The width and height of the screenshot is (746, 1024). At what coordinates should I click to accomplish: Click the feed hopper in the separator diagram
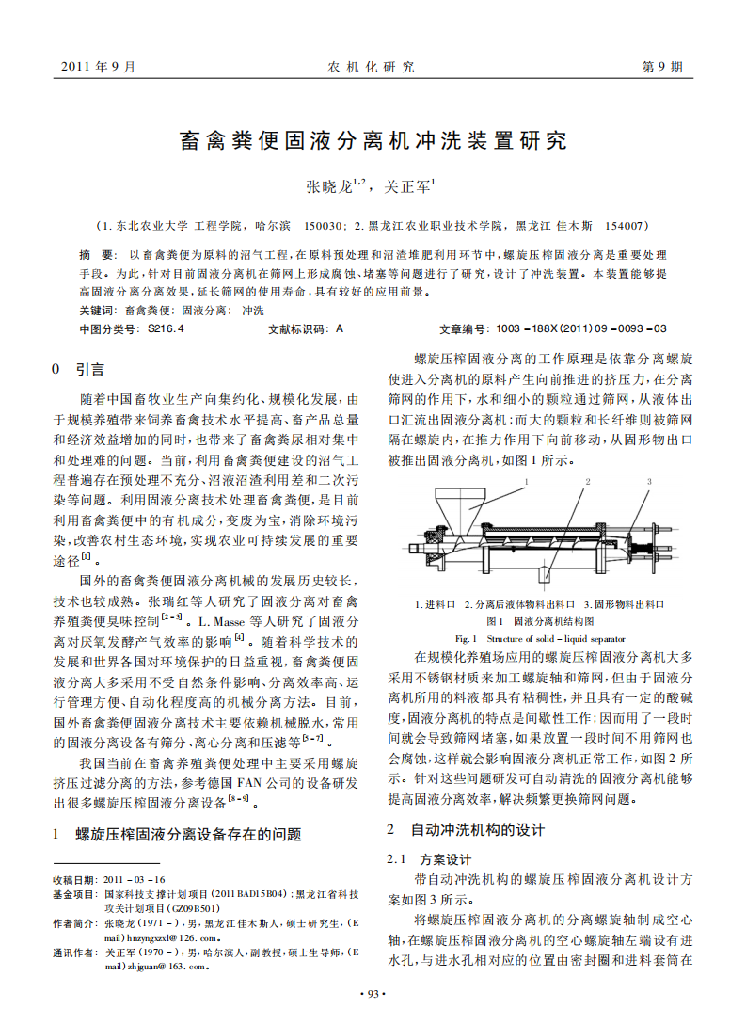(458, 512)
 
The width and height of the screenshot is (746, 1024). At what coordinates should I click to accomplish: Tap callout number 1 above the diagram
(527, 481)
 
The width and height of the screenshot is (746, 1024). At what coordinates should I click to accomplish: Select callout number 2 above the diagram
(587, 481)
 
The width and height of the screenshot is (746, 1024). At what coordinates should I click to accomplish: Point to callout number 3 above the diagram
(647, 481)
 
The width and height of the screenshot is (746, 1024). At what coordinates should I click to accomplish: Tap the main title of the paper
(373, 141)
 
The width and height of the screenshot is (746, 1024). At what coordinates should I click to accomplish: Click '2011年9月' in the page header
(98, 67)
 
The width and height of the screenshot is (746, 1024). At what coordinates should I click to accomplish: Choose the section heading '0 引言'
(78, 369)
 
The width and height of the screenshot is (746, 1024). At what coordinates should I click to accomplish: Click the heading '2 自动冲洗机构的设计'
(466, 830)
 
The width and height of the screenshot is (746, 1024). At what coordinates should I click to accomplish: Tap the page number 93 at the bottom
(373, 994)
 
